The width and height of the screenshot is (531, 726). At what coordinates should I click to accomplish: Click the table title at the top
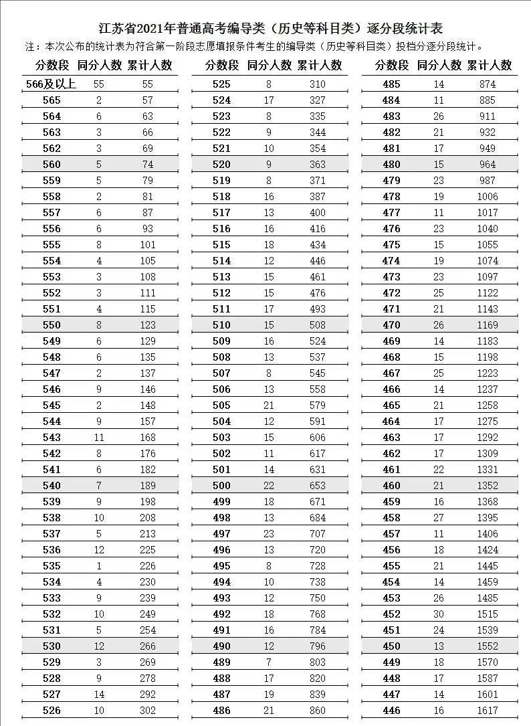coord(265,29)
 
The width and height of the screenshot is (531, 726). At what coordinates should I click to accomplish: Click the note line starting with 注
coord(254,47)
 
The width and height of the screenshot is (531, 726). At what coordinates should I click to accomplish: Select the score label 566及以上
coord(51,84)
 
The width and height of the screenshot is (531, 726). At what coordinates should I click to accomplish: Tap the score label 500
coord(221,486)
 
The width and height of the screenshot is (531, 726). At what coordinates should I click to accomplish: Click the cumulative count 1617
coord(488,711)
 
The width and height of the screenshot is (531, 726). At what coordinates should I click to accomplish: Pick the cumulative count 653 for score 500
coord(318,486)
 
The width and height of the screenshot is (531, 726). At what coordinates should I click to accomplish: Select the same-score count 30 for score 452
coord(439,614)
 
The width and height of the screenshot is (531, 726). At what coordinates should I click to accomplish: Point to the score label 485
coord(391,84)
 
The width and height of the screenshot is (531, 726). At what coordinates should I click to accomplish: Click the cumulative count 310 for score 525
coord(318,84)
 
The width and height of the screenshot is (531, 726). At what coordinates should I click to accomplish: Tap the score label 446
coord(391,711)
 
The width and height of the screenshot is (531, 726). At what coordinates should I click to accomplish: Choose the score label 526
coord(51,711)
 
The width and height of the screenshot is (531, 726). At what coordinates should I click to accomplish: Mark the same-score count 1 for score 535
coord(99,566)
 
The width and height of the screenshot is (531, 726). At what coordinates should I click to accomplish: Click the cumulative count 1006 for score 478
coord(488,197)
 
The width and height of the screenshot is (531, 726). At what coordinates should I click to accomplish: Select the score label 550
coord(51,325)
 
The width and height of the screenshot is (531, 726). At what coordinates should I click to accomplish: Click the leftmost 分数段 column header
coord(52,66)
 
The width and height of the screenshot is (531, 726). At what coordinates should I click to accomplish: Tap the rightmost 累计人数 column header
coord(490,66)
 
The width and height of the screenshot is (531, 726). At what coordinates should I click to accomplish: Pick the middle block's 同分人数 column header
coord(270,66)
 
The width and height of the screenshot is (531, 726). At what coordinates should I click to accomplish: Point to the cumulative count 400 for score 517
coord(318,213)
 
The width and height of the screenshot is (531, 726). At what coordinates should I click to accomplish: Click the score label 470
coord(391,325)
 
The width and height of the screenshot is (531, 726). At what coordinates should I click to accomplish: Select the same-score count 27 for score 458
coord(439,518)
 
